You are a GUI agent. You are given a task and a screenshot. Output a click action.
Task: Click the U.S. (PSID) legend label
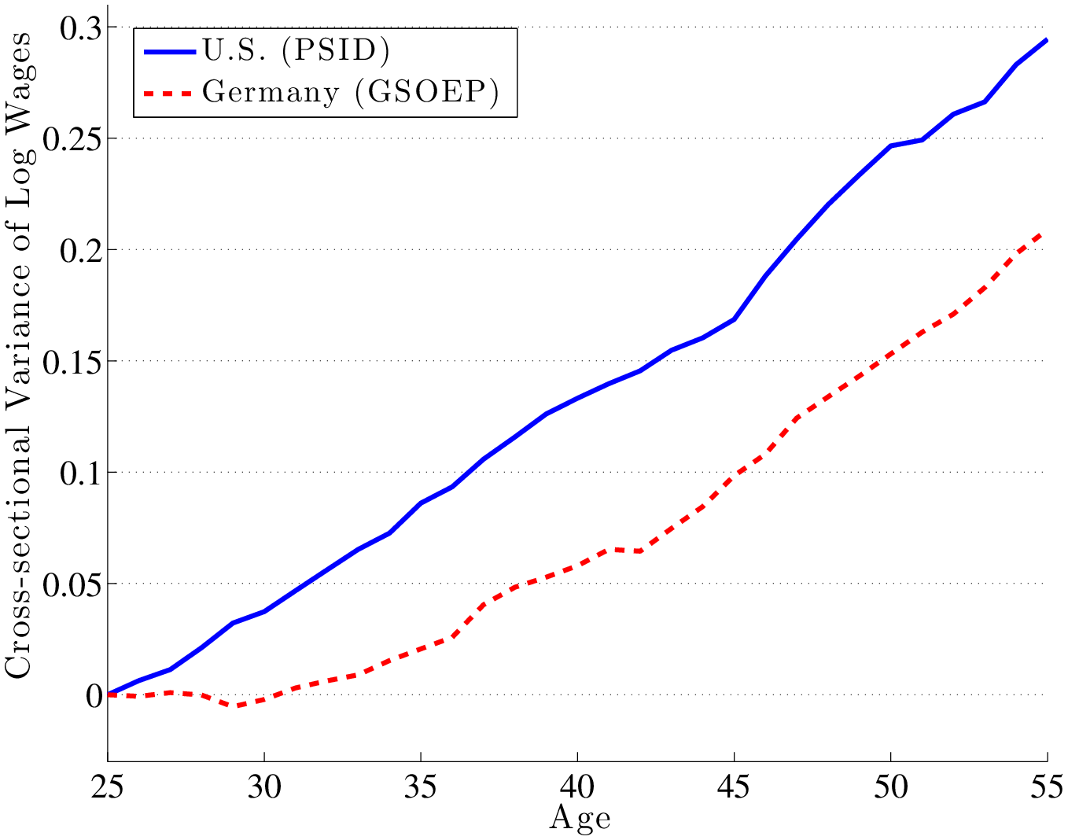coord(295,50)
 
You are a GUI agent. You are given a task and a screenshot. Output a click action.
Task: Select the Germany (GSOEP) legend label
coord(350,92)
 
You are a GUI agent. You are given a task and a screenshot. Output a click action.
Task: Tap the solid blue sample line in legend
coord(168,51)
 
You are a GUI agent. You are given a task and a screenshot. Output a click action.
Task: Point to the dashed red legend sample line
coord(168,93)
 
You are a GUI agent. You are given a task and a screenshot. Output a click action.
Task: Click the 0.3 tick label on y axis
coord(81,28)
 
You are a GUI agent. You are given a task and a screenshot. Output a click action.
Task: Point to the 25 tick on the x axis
coord(108,786)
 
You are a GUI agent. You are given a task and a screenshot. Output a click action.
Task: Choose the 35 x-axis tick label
coord(421,786)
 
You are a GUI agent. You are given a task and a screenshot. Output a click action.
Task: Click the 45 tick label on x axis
coord(734,786)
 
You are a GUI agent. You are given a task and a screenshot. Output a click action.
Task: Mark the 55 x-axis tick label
coord(1046,786)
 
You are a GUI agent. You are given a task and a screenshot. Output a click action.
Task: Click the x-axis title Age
coord(580,819)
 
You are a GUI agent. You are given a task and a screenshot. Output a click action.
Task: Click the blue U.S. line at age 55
coord(1046,40)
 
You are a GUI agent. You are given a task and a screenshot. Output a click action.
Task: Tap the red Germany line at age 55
coord(1044,233)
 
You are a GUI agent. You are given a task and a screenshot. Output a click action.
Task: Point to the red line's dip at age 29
coord(233,706)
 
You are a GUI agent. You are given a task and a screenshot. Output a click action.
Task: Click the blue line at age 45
coord(734,319)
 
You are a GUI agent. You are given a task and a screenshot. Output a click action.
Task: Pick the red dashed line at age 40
coord(577,566)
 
